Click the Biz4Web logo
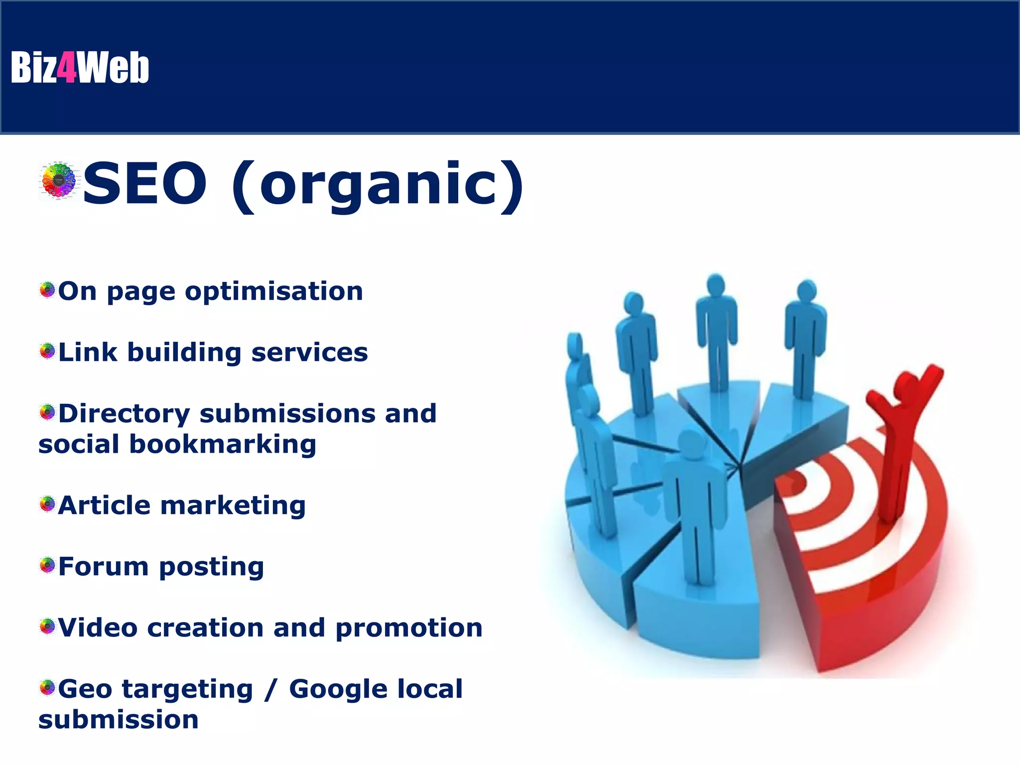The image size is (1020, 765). (80, 67)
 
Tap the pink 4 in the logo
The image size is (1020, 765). (67, 67)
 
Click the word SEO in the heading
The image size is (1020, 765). (144, 183)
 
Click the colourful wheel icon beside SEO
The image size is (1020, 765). (59, 181)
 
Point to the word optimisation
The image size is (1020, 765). (274, 291)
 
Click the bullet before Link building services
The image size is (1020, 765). (47, 351)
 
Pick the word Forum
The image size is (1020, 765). (103, 567)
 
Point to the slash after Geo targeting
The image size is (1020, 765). (271, 690)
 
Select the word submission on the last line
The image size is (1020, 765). (119, 720)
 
